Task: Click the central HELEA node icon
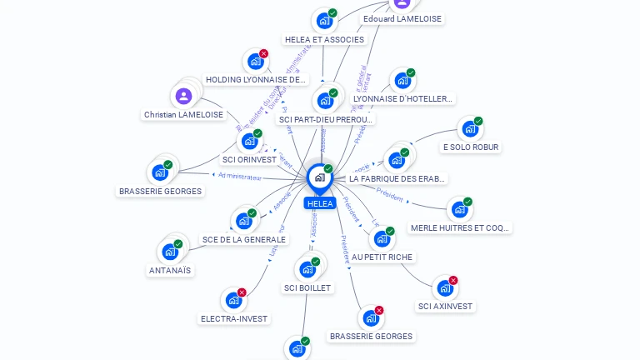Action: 319,177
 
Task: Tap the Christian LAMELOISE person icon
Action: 183,96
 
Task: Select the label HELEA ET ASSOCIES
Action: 324,39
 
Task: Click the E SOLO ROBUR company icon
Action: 470,129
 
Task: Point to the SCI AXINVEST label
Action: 445,306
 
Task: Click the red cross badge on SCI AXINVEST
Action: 453,280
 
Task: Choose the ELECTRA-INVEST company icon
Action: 233,300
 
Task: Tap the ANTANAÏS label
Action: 170,270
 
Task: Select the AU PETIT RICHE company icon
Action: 382,239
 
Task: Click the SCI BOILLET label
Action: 307,287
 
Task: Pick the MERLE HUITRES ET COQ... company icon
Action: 459,209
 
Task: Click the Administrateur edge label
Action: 240,176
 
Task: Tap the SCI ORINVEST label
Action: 249,159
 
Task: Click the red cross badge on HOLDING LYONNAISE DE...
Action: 263,53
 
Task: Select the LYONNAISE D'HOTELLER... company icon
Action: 402,80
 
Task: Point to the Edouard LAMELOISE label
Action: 402,18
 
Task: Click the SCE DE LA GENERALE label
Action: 244,239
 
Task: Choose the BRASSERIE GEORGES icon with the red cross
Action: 370,317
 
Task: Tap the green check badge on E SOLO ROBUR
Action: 478,121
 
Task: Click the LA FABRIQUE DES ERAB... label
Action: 397,178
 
